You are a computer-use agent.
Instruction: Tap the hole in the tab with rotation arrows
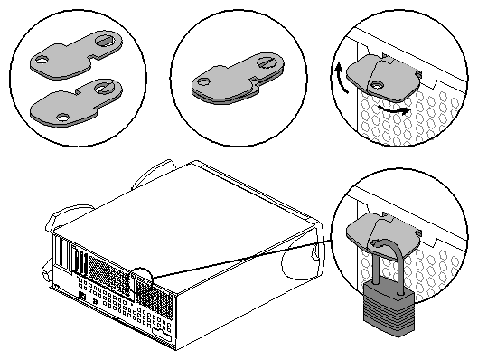(x=376, y=82)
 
